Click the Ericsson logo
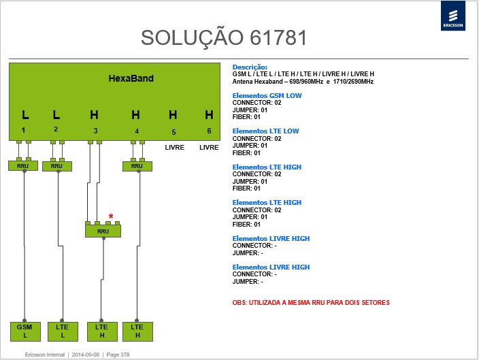coord(452,16)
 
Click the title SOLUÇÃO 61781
coord(224,37)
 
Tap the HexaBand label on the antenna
coord(131,78)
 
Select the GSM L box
coord(25,331)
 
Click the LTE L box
coord(63,331)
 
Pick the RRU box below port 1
coord(23,166)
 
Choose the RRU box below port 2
coord(57,166)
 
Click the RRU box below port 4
coord(137,166)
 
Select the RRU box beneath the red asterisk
coord(103,231)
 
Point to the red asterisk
coord(111,216)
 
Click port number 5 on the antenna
coord(174,132)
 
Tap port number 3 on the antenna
coord(95,131)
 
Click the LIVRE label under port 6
coord(209,147)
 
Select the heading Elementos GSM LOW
coord(267,96)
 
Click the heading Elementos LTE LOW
coord(265,131)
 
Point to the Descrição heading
coord(250,67)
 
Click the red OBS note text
coord(311,303)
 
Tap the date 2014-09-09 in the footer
coord(86,355)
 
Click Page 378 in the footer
coord(118,355)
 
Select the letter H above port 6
coord(209,115)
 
